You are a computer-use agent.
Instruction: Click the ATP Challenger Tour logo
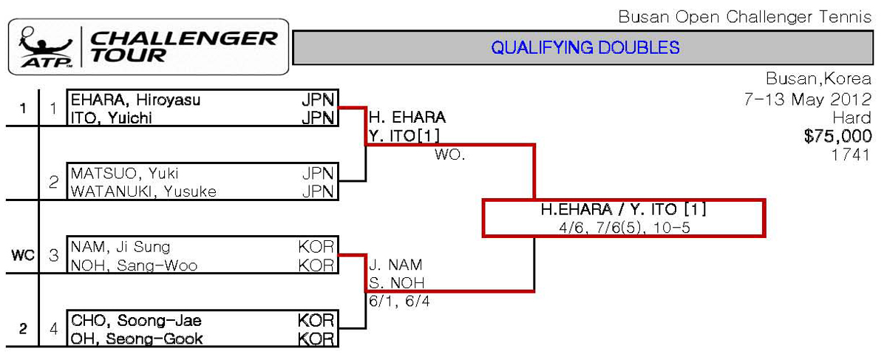click(148, 47)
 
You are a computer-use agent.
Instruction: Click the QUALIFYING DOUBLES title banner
click(585, 48)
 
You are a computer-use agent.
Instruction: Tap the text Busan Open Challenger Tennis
click(744, 17)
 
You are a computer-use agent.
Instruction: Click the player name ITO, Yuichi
click(112, 118)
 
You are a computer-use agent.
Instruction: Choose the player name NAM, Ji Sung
click(120, 247)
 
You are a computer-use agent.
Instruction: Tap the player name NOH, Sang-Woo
click(135, 265)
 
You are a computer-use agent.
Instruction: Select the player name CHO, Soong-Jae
click(136, 321)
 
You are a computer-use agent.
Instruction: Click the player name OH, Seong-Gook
click(137, 339)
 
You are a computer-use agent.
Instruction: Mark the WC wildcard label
click(23, 256)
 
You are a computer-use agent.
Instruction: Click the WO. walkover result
click(449, 156)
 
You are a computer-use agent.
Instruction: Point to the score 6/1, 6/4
click(399, 302)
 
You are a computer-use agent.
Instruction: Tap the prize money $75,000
click(838, 136)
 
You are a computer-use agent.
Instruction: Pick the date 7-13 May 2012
click(808, 100)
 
